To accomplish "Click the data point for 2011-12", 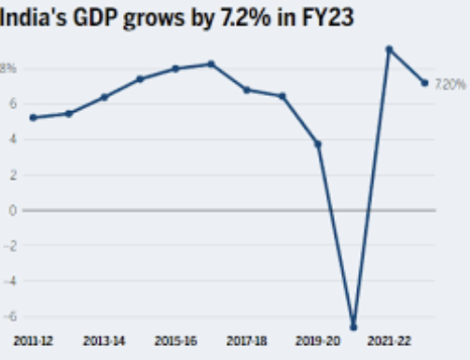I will coord(34,118).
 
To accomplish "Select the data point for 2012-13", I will coord(69,114).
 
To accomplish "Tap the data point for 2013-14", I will coord(104,97).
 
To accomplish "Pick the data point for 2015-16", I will coord(175,69).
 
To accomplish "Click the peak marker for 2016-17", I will coord(212,63).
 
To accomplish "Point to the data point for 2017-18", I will coord(246,90).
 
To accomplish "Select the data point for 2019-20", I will coord(318,144).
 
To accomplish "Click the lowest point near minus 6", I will coord(353,327).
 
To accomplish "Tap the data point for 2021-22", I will coord(389,48).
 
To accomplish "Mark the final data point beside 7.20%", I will coord(424,83).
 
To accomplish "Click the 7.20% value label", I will coord(450,84).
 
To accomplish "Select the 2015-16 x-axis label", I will coord(175,343).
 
